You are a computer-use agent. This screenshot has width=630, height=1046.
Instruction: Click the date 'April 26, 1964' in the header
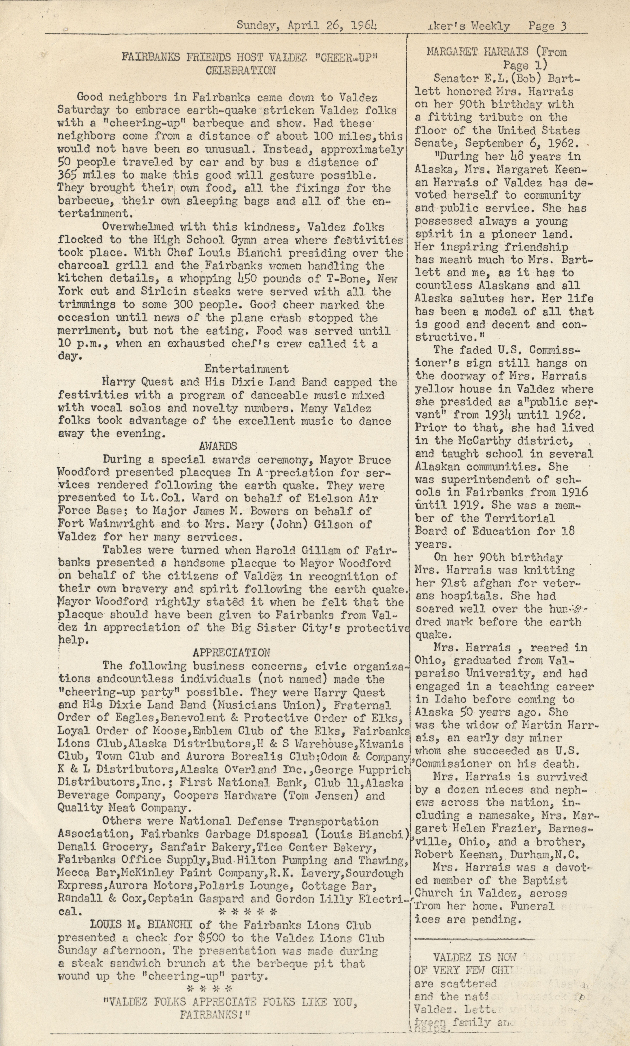tap(332, 25)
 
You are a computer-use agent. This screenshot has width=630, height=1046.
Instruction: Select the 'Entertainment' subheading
tap(246, 368)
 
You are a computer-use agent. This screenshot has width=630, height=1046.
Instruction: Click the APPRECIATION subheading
tap(231, 652)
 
